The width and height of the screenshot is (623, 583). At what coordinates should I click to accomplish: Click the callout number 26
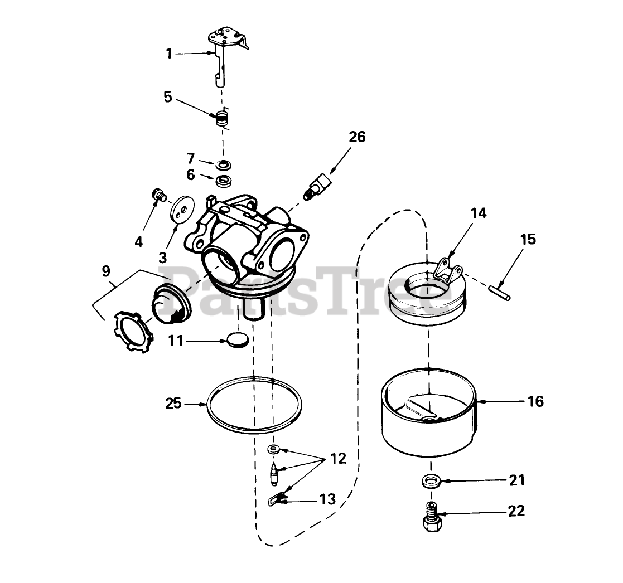(x=357, y=137)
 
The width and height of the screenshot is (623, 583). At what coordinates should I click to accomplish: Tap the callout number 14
(x=478, y=213)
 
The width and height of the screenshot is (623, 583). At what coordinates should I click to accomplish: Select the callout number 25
(x=174, y=403)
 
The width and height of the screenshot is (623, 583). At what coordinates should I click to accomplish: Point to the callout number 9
(x=106, y=271)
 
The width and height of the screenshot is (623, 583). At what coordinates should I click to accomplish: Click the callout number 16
(x=535, y=401)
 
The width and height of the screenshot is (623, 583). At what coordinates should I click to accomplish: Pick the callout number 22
(x=516, y=511)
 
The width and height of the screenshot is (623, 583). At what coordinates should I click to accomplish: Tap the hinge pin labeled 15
(x=500, y=293)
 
